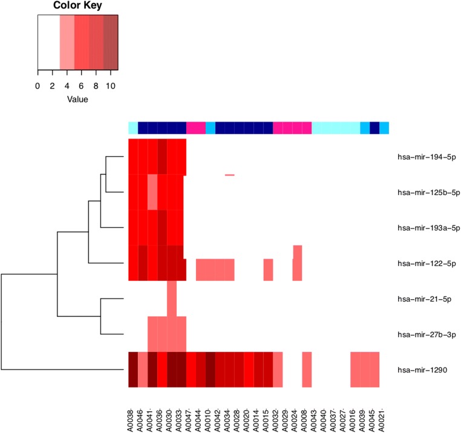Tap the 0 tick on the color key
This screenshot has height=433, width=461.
click(38, 85)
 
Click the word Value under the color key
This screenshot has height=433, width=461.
click(77, 99)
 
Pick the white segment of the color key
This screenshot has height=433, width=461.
click(48, 42)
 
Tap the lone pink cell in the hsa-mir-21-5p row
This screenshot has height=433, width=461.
click(172, 299)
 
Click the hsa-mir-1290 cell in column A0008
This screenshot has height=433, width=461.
click(307, 369)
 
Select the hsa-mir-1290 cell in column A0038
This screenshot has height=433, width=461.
click(133, 369)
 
